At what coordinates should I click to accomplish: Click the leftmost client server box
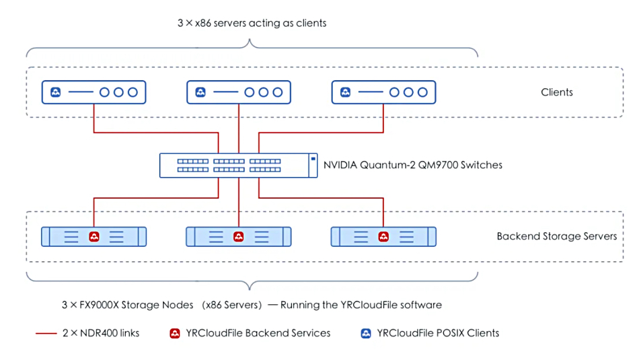[x=93, y=92]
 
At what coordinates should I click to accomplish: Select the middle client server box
[x=239, y=92]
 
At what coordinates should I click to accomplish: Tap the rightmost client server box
[x=383, y=92]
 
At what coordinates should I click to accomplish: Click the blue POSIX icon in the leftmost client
[x=56, y=92]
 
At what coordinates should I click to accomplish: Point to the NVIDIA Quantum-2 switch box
[x=238, y=165]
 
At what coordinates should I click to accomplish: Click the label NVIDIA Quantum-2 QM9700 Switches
[x=413, y=165]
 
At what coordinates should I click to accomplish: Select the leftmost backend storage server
[x=93, y=237]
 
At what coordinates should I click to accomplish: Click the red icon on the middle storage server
[x=239, y=237]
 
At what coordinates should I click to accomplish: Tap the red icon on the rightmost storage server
[x=383, y=237]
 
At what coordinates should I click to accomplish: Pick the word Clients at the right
[x=557, y=92]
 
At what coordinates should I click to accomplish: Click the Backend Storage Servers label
[x=557, y=236]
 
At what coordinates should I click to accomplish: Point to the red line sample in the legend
[x=46, y=334]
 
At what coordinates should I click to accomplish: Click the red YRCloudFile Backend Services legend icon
[x=175, y=334]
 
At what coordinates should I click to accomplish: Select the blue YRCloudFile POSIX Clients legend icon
[x=366, y=334]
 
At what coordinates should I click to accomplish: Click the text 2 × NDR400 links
[x=101, y=333]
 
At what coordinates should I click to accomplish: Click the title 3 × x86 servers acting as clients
[x=252, y=24]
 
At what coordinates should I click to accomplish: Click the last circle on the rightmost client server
[x=422, y=92]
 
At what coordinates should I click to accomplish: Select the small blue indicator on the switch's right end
[x=313, y=159]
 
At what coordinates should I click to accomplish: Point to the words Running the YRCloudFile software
[x=361, y=305]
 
